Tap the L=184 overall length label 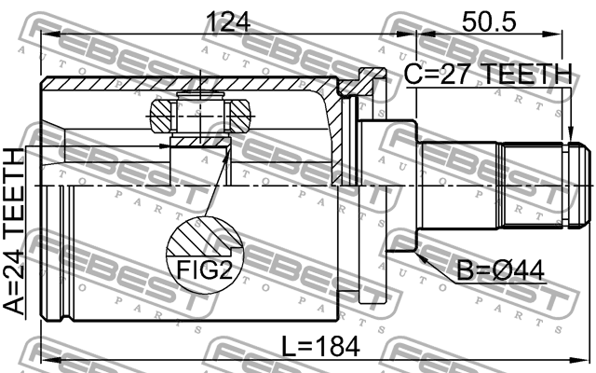(x=321, y=347)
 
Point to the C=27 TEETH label (x=488, y=74)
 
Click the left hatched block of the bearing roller (x=160, y=117)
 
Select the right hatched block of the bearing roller (x=239, y=117)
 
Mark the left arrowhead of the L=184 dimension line (x=47, y=359)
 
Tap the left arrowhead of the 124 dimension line (x=47, y=33)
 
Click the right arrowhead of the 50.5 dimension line (x=561, y=33)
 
